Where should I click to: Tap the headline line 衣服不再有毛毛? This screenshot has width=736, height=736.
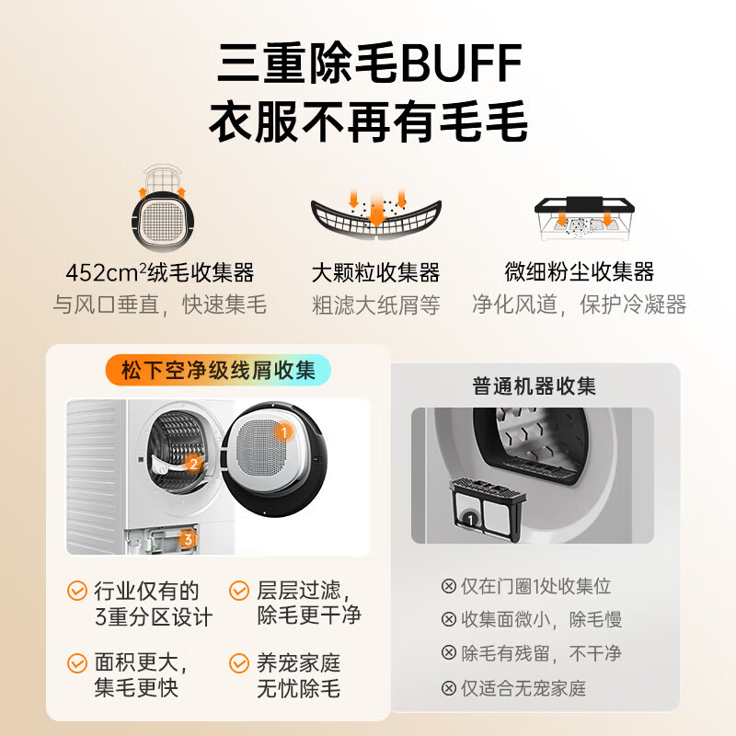tap(368, 123)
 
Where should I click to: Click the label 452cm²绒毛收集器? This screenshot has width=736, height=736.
tap(159, 273)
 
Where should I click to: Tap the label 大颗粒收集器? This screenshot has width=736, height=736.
tap(375, 273)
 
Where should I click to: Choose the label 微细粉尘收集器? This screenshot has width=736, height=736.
tap(580, 272)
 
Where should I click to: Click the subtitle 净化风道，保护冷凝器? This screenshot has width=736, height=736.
tap(580, 305)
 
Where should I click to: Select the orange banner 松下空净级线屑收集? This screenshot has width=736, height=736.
tap(217, 371)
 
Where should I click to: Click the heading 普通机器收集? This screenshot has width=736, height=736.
tap(535, 385)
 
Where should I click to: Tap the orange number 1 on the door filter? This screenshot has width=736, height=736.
tap(284, 431)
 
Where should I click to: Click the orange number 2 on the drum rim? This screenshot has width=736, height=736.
tap(193, 464)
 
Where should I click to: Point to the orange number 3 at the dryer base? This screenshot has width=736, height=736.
tap(188, 540)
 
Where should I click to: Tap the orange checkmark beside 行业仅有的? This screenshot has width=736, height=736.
tap(77, 591)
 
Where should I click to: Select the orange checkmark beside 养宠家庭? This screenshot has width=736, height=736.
tap(239, 662)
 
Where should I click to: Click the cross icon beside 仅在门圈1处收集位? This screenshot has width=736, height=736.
tap(449, 586)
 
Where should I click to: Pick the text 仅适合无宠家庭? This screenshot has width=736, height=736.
tap(523, 687)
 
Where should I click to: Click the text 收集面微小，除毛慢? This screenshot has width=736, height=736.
tap(541, 620)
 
